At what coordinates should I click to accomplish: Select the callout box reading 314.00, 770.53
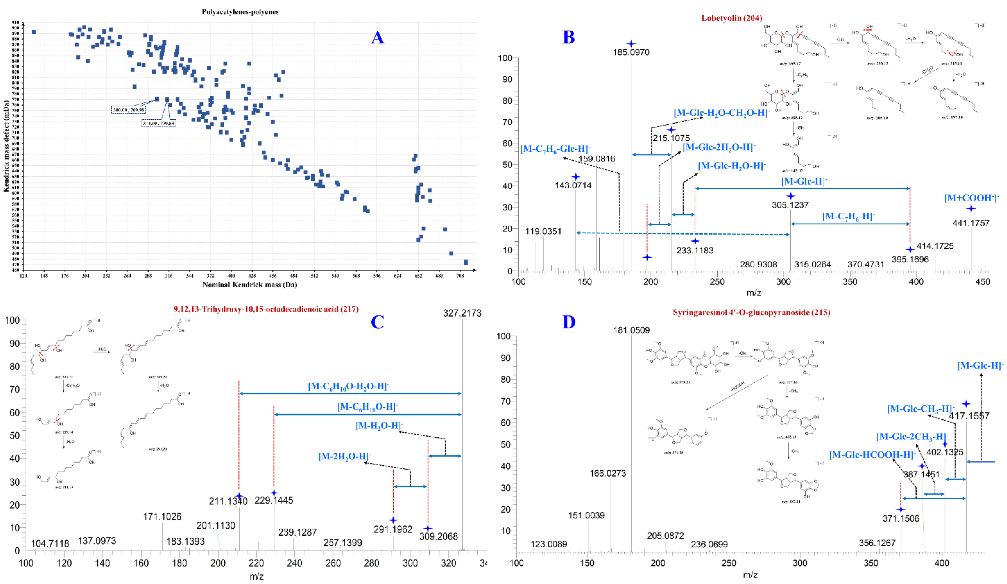tap(159, 124)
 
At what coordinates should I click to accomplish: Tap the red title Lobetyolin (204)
tap(732, 18)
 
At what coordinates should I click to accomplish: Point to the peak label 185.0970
tap(631, 52)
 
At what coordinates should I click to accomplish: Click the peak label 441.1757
tap(971, 223)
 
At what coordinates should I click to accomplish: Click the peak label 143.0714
tap(574, 186)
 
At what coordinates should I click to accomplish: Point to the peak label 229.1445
tap(274, 500)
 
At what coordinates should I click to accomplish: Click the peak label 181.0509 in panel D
tap(632, 330)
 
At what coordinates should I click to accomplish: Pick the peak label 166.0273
tap(608, 474)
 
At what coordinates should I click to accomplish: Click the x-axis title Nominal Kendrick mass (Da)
tap(250, 285)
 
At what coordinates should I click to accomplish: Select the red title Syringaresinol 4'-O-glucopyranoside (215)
tap(751, 312)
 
